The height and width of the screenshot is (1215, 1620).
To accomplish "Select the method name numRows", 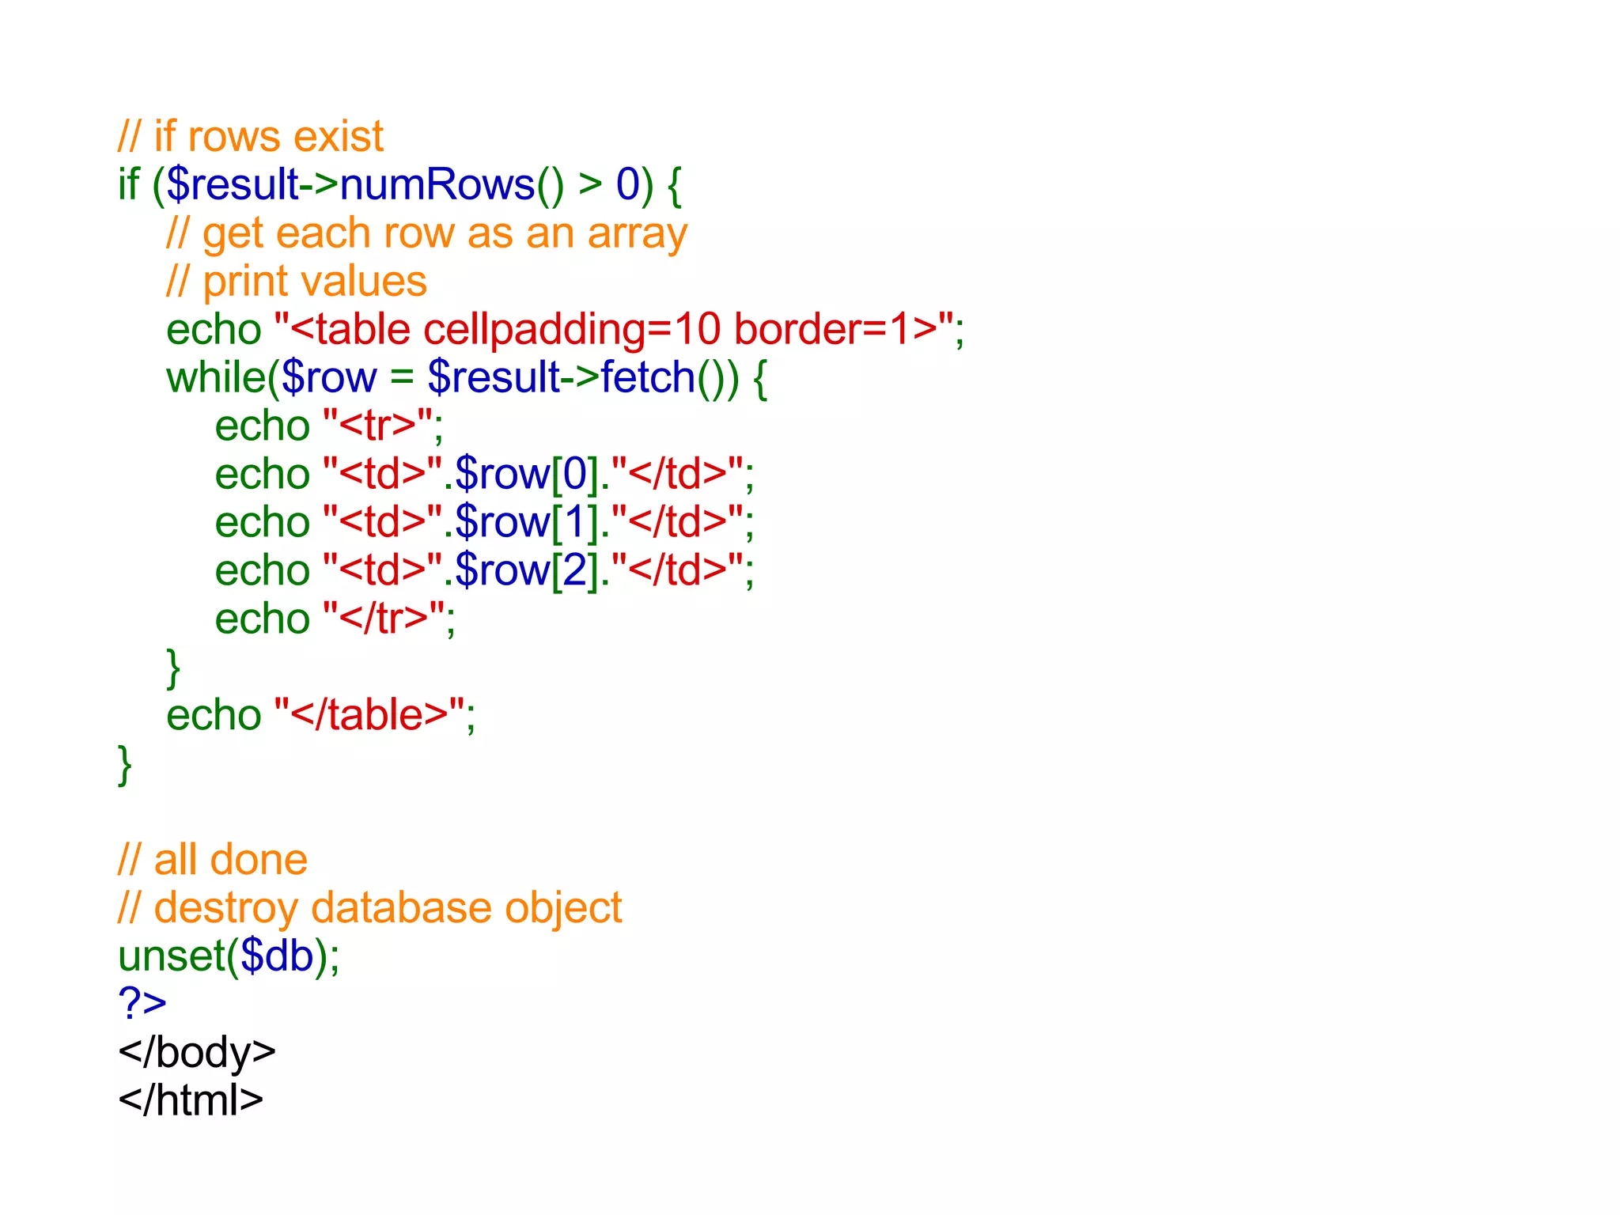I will pos(437,185).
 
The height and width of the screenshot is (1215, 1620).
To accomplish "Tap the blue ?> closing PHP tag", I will pos(142,1004).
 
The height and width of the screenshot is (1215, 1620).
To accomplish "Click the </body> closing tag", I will pos(197,1053).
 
